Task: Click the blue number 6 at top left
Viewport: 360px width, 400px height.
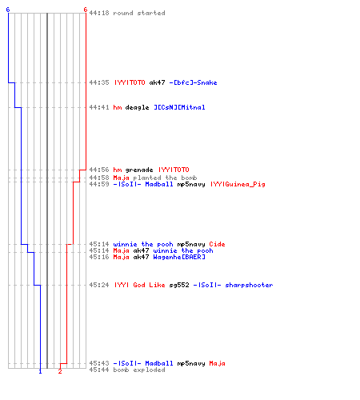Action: click(x=8, y=10)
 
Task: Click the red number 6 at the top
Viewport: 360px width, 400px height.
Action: click(x=86, y=10)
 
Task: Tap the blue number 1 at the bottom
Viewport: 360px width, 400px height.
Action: click(x=40, y=371)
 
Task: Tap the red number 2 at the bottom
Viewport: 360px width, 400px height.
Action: click(x=60, y=371)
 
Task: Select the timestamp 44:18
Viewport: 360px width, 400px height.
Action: click(x=99, y=13)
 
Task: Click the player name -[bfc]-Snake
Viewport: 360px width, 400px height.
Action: click(x=193, y=82)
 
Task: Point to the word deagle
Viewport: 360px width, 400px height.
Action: click(x=137, y=107)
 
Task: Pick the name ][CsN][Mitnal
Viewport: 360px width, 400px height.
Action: click(x=179, y=107)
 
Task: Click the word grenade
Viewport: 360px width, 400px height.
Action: click(x=139, y=170)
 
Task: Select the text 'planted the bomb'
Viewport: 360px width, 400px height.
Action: click(x=165, y=178)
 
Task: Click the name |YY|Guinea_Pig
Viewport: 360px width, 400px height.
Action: click(x=238, y=184)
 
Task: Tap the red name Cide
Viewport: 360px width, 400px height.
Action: click(x=217, y=244)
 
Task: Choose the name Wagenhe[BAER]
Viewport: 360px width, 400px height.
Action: click(x=179, y=257)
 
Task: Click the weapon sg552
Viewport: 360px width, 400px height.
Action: click(x=179, y=285)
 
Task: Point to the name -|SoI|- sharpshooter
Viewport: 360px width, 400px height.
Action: click(x=233, y=285)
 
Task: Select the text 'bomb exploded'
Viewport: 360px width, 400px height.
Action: click(x=139, y=370)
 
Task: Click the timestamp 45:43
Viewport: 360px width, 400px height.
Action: click(x=99, y=363)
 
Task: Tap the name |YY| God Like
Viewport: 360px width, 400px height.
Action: click(x=140, y=285)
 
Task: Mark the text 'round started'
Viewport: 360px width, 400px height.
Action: click(x=139, y=13)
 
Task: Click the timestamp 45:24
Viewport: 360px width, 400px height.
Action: click(x=99, y=285)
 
